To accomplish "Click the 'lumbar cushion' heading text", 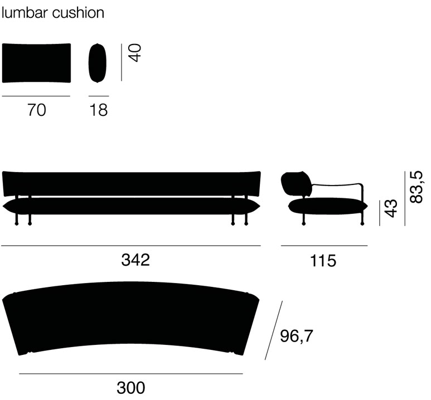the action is [x=53, y=13].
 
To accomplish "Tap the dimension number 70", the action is [x=37, y=110].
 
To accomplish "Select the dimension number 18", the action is [x=98, y=110].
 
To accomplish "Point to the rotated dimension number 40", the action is [x=135, y=53].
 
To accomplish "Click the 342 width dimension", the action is [x=135, y=260].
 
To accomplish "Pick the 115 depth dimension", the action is [x=323, y=260].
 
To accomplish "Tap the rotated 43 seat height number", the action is [x=391, y=208].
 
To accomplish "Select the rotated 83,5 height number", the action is [x=416, y=187].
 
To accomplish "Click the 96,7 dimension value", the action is [x=296, y=336].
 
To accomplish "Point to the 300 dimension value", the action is [x=131, y=388].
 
